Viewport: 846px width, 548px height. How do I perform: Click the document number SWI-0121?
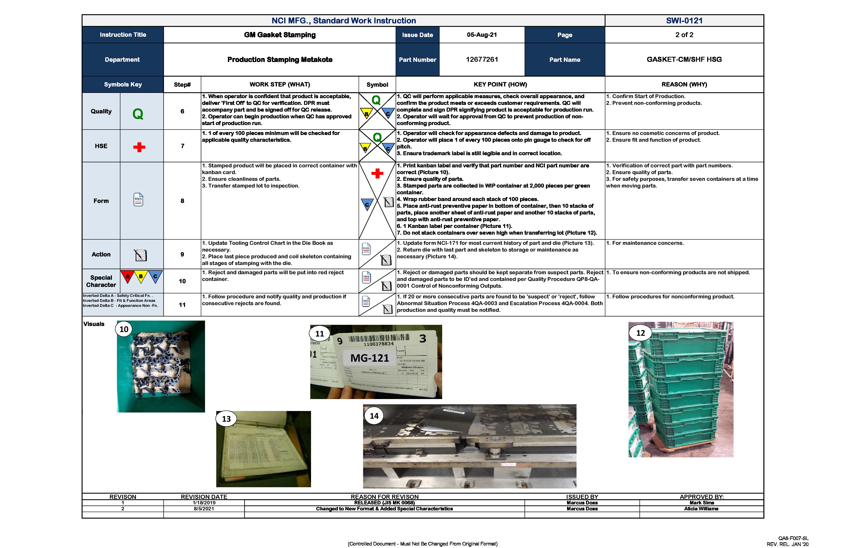[684, 21]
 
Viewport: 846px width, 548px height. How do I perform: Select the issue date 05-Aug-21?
[482, 35]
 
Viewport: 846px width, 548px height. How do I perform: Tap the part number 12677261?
[482, 60]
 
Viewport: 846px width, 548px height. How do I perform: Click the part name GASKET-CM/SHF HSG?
[684, 60]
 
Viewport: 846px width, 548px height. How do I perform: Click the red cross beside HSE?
[139, 147]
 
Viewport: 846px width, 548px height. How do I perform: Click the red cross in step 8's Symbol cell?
[377, 174]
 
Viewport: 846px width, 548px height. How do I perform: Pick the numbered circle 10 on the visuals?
[124, 329]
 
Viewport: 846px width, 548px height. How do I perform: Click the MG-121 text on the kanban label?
[370, 358]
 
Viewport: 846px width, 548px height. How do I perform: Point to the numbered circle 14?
[374, 416]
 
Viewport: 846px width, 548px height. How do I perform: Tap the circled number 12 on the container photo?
[640, 333]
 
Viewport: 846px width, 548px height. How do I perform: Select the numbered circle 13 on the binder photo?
[226, 419]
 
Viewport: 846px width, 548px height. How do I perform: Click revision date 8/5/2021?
[204, 509]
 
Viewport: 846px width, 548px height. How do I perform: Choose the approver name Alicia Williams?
[701, 509]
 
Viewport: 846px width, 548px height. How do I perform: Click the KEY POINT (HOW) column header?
[500, 85]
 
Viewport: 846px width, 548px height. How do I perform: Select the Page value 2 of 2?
[684, 35]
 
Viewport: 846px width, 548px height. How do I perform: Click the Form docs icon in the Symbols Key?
[138, 200]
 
